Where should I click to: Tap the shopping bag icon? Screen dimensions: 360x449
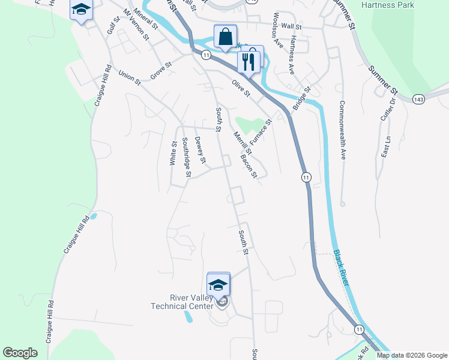tap(225, 37)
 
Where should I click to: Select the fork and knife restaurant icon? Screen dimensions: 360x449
tap(248, 59)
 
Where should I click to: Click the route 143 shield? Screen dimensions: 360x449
tap(419, 98)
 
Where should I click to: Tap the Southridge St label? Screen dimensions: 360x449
tap(186, 158)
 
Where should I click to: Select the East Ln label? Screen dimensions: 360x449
tap(386, 146)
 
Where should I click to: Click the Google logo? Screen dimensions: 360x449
tap(20, 353)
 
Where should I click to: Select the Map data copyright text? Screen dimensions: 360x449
tap(412, 355)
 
